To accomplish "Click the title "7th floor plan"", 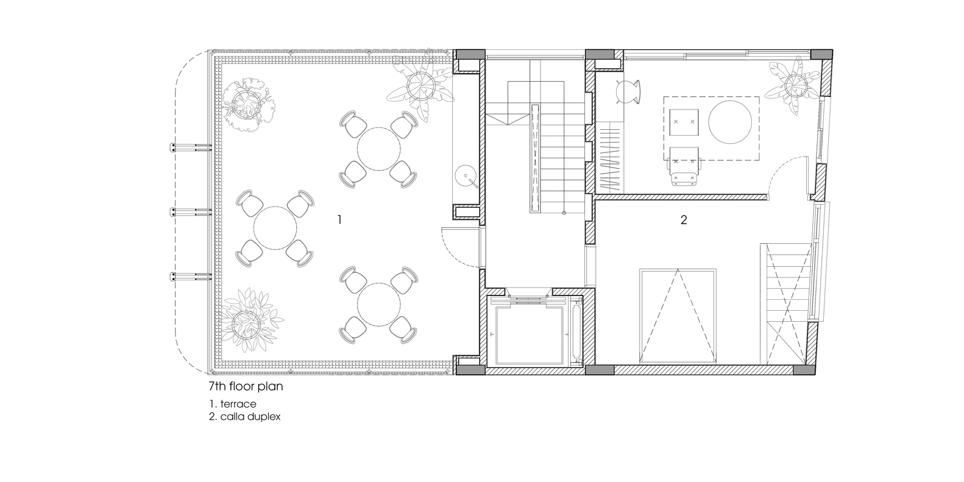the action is point(246,386).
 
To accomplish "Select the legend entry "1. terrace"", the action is point(233,403).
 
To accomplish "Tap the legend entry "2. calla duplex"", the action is point(244,417).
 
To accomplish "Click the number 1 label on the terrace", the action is point(339,220).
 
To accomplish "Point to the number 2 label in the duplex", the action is point(684,220).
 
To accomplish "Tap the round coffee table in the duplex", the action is point(730,122).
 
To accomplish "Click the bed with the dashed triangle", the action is point(678,316).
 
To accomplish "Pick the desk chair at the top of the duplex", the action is point(628,91).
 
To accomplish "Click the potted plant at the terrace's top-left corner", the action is point(246,105).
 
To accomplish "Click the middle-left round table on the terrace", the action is point(275,228).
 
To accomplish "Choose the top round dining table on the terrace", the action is point(379,149).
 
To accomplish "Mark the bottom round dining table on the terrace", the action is point(379,304).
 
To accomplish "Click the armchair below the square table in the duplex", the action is point(684,166).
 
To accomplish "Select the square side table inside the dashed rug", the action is point(684,122).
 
